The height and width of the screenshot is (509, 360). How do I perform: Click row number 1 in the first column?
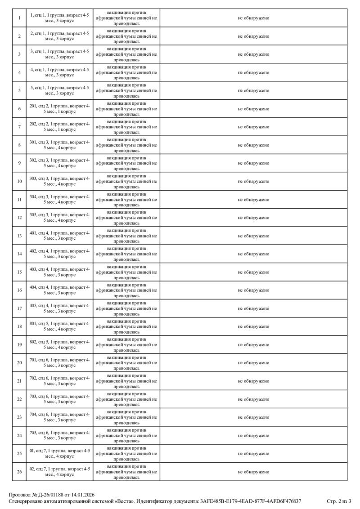(19, 18)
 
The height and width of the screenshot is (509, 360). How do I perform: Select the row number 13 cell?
(19, 236)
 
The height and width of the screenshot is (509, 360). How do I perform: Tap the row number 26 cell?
(19, 472)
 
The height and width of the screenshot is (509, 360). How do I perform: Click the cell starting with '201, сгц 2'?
(59, 108)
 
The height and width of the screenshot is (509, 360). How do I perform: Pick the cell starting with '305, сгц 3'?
(59, 217)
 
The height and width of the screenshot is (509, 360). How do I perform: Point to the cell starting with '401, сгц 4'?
(59, 236)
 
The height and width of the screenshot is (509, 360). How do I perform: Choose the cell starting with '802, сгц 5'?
(59, 344)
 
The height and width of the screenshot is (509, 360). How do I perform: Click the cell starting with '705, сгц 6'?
(59, 435)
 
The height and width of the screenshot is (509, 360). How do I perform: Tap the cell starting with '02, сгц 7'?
(59, 472)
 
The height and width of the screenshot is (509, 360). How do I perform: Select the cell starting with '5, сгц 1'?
(59, 90)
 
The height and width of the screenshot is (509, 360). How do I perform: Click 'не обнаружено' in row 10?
(253, 181)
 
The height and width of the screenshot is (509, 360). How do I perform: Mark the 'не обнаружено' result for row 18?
(253, 326)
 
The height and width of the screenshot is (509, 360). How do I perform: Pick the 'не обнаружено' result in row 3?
(253, 54)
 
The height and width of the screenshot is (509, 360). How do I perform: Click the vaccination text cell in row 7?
(126, 127)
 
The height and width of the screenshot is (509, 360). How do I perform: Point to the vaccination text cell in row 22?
(126, 399)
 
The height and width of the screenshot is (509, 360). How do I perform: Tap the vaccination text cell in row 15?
(126, 272)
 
